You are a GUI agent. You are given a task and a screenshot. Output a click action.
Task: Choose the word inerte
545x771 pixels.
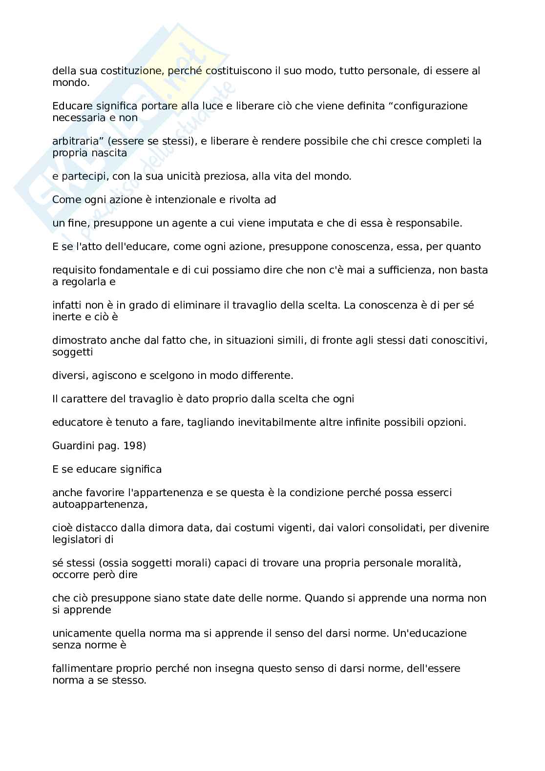coord(66,317)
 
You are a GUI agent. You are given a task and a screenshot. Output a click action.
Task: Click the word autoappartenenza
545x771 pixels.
coord(100,504)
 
